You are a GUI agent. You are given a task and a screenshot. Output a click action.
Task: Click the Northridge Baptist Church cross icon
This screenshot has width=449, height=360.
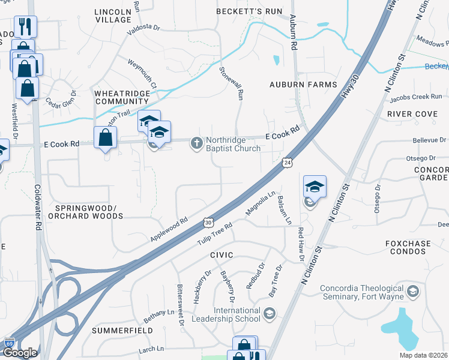point(196,143)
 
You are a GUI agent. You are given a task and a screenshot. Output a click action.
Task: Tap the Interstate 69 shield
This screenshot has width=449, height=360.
point(8,343)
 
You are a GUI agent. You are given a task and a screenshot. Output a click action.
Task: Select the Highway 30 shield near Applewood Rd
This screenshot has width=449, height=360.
point(208,222)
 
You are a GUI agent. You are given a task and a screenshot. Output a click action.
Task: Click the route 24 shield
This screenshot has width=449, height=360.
point(288,163)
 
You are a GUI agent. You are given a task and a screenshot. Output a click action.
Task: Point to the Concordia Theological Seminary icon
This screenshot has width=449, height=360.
point(412,291)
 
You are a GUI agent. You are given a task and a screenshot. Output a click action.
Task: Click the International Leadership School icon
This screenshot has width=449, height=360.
point(270,314)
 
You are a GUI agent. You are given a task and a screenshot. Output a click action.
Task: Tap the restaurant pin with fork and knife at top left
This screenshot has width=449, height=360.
point(25,26)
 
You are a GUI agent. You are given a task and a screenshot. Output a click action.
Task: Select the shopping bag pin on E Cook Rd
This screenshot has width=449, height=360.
point(106,137)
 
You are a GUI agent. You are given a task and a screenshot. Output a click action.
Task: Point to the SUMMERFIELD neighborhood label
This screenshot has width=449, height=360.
point(118,331)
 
